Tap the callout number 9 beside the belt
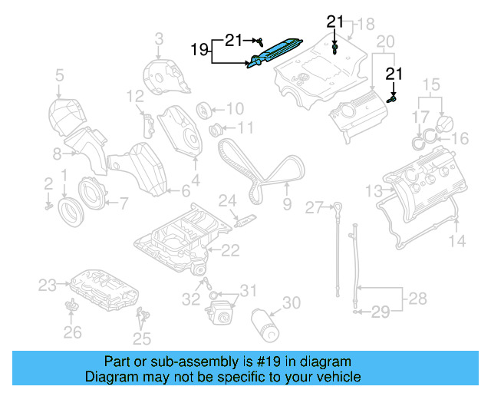pyautogui.click(x=287, y=204)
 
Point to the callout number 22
pyautogui.click(x=230, y=249)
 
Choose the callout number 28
pyautogui.click(x=417, y=297)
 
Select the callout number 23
pyautogui.click(x=48, y=286)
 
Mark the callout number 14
pyautogui.click(x=456, y=241)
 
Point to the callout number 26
pyautogui.click(x=72, y=332)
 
